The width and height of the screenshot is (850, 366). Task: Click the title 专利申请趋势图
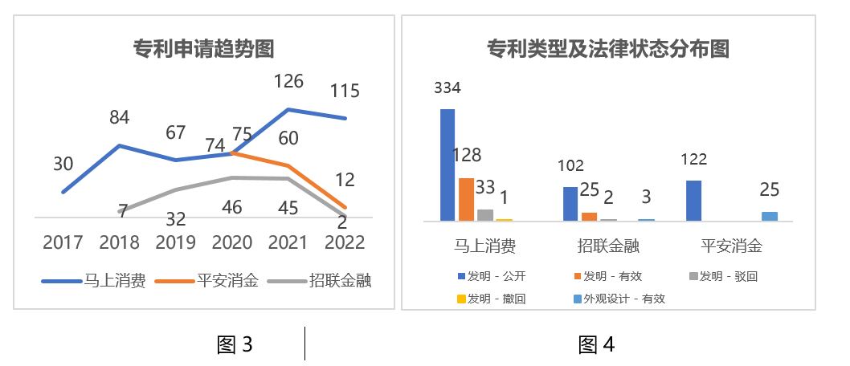pos(203,50)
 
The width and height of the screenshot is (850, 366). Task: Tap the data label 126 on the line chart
pos(288,81)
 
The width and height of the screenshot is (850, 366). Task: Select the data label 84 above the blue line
pos(119,118)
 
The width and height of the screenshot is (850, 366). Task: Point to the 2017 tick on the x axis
pos(63,242)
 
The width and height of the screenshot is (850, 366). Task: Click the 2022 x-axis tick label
pos(345,242)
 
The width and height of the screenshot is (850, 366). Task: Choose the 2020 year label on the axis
pos(232,242)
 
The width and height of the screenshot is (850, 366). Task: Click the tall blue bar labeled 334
pos(447,165)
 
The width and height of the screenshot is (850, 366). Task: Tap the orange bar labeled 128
pos(466,199)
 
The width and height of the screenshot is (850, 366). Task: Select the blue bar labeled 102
pos(570,203)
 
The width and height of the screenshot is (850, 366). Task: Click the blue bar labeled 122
pos(693,200)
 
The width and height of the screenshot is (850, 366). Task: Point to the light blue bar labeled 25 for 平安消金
pos(770,216)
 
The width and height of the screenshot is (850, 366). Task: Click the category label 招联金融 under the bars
pos(608,246)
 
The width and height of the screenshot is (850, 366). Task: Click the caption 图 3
pos(235,345)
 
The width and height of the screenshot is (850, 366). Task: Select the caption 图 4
pos(597,345)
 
